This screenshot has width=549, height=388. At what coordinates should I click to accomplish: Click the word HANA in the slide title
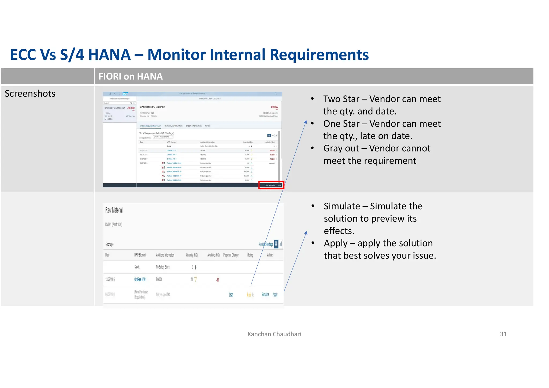[x=109, y=55]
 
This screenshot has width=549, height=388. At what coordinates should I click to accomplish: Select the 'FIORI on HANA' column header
[x=131, y=77]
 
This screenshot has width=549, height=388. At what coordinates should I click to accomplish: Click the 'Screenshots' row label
[x=30, y=94]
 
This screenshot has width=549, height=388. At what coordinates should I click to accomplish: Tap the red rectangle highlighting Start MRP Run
[x=271, y=185]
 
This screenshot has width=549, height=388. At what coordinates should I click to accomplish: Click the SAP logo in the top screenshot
[x=125, y=94]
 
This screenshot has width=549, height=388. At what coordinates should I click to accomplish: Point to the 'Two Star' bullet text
[x=341, y=99]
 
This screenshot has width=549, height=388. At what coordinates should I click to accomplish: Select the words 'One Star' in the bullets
[x=341, y=124]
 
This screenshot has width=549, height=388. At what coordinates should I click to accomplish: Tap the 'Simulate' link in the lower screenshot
[x=265, y=294]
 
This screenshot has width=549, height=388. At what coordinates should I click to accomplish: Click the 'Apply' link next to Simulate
[x=275, y=294]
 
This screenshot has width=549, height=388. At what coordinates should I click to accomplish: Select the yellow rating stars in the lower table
[x=250, y=295]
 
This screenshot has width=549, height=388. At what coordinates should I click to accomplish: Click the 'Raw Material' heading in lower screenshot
[x=114, y=210]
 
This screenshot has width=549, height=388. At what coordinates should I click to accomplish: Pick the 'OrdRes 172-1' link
[x=140, y=279]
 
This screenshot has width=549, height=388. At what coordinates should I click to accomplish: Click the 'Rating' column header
[x=250, y=255]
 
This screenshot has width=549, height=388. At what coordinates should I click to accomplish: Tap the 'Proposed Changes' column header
[x=231, y=255]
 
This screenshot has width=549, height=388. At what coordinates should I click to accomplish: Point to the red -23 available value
[x=218, y=280]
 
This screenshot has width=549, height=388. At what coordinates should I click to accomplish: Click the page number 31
[x=503, y=334]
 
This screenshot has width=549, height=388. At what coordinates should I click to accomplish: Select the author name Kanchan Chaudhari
[x=274, y=334]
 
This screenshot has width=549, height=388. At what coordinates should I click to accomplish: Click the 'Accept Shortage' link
[x=266, y=244]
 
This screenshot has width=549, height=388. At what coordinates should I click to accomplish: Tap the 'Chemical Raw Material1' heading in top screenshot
[x=152, y=107]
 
